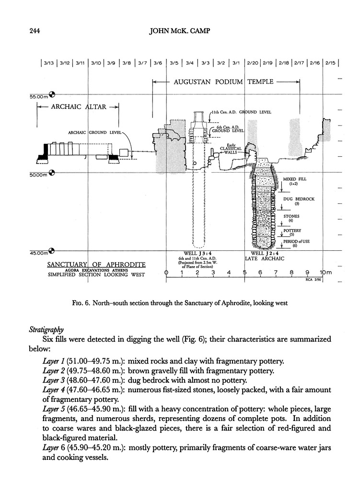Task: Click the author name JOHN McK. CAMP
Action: point(181,33)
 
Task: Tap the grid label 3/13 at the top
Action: point(49,63)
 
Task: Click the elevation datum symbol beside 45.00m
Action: point(52,251)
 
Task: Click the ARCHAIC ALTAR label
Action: point(78,107)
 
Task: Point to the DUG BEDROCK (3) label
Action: point(299,200)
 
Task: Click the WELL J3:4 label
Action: point(195,253)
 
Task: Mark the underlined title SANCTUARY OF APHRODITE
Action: point(96,265)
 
